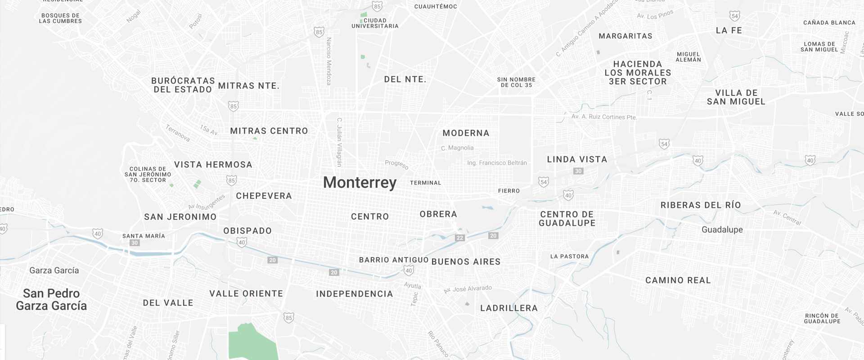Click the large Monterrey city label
point(360,182)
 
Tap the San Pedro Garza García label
point(51,300)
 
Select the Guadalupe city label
point(722,229)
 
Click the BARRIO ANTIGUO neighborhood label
point(394,260)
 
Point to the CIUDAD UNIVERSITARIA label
point(375,23)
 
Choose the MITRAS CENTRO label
point(269,131)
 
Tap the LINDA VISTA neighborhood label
point(577,159)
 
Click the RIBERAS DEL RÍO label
point(700,205)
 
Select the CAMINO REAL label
point(678,280)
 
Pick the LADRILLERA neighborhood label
point(509,308)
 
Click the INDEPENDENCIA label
point(355,294)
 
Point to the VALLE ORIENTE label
point(246,293)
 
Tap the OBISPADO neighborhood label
point(247,231)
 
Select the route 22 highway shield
point(459,238)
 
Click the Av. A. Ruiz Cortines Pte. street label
point(604,117)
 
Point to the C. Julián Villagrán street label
point(340,142)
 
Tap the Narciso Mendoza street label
point(329,61)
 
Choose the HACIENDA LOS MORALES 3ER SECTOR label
point(638,73)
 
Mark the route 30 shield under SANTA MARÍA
point(135,243)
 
